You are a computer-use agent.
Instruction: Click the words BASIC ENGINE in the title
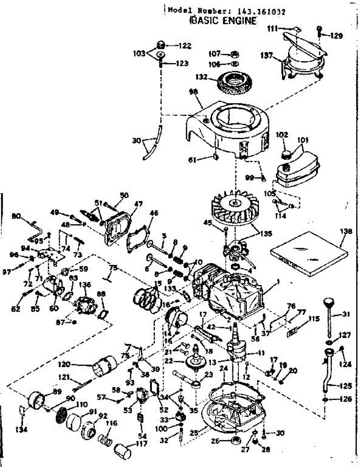pos(223,21)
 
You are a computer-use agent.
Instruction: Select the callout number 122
pos(185,46)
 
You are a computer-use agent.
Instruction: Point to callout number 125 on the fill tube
pos(346,386)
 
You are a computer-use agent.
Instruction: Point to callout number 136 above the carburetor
pos(84,285)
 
